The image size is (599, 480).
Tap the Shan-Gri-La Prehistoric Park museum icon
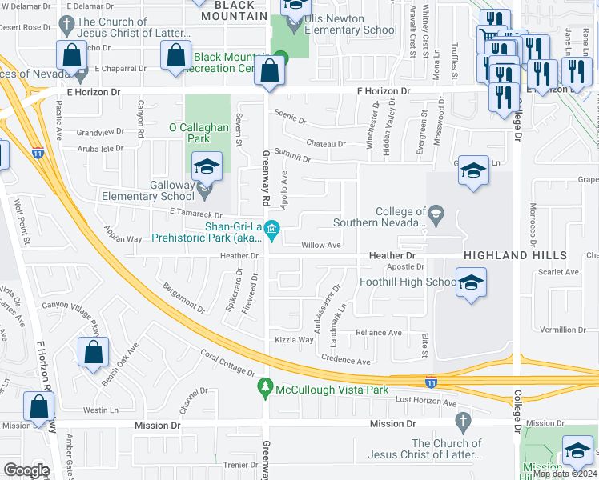271,231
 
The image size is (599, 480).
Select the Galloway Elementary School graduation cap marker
207,168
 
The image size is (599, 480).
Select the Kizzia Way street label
294,340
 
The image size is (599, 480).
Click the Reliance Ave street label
379,333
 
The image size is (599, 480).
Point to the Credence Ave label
346,361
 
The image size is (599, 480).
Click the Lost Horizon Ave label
425,400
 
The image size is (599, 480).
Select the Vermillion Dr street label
562,330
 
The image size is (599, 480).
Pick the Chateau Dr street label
326,144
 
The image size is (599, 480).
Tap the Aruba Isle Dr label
101,149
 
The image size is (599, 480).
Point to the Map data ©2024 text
565,474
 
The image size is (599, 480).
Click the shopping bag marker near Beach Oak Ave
94,353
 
